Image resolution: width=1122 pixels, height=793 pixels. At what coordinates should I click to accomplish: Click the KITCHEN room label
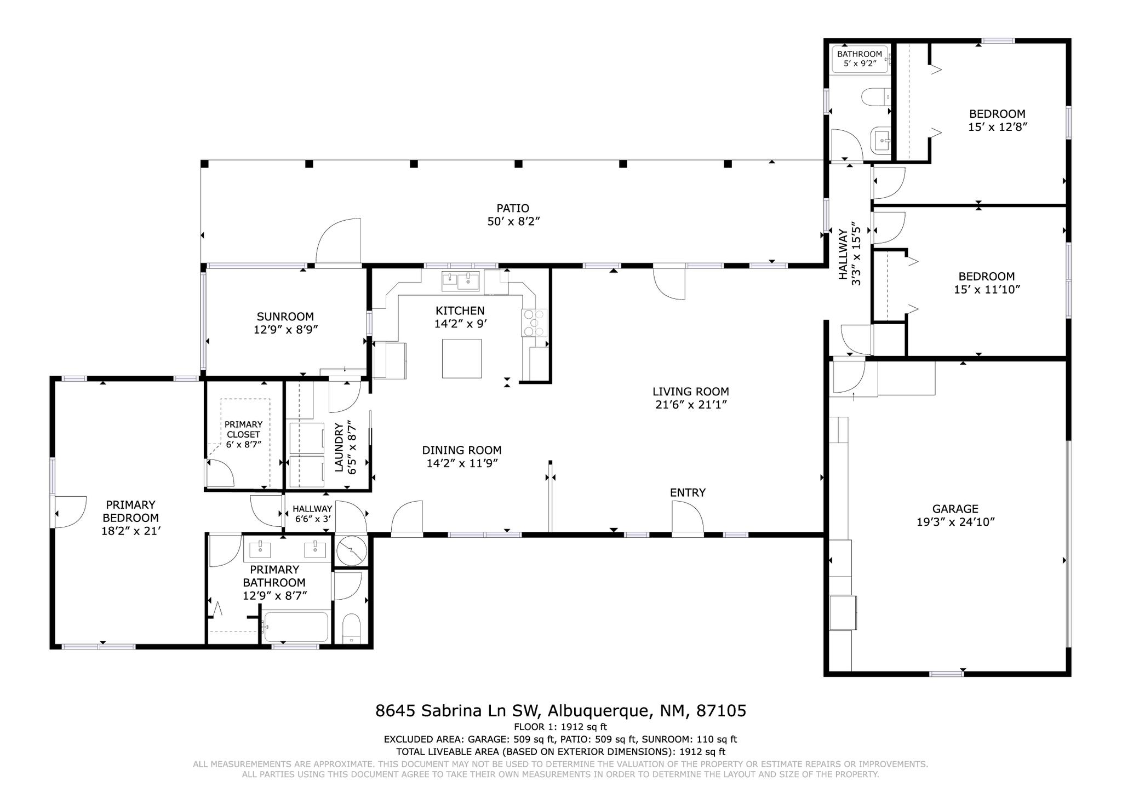[460, 311]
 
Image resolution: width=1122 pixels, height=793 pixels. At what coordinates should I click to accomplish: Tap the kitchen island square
[462, 358]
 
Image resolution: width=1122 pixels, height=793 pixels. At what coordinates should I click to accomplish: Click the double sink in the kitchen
[460, 281]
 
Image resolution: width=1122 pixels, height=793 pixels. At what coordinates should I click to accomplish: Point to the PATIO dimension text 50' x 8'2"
[513, 221]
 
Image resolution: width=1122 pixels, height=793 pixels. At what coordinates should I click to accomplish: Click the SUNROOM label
[285, 317]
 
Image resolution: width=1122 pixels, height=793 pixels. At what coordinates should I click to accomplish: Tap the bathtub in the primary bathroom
[296, 627]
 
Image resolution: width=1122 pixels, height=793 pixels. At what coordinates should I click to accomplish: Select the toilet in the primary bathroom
[351, 628]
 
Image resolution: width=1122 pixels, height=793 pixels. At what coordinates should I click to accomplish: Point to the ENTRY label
[688, 492]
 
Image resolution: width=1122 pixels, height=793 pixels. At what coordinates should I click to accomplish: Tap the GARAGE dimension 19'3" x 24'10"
[955, 522]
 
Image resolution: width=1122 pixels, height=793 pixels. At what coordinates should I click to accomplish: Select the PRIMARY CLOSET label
[243, 429]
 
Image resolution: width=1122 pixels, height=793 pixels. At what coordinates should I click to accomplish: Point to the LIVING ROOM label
[690, 392]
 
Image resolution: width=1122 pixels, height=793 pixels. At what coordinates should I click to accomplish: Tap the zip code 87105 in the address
[721, 711]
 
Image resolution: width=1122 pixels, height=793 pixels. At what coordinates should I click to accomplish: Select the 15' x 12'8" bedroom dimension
[997, 127]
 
